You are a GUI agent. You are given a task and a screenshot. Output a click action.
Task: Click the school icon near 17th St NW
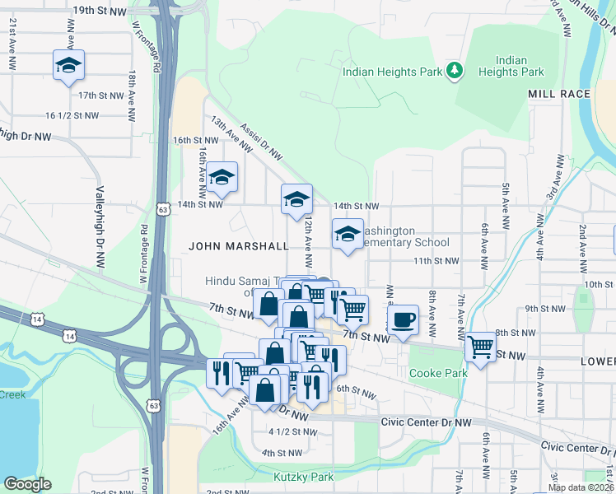[x=69, y=65]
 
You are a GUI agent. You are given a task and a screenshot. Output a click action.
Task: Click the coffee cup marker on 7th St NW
[x=402, y=319]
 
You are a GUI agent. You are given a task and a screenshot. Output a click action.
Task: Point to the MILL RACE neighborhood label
[x=559, y=94]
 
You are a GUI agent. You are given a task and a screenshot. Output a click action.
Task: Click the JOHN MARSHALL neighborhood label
[x=239, y=245]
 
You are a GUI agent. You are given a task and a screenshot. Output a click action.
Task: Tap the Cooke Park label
[x=438, y=373]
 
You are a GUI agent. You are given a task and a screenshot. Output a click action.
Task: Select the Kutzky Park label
[x=304, y=477]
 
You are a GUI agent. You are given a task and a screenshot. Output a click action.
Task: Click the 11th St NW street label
[x=435, y=260]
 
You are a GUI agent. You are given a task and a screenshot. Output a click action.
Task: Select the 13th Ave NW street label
[x=231, y=134]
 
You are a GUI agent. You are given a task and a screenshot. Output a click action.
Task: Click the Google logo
[x=26, y=484]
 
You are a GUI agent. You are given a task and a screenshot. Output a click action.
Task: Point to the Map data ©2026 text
[x=581, y=487]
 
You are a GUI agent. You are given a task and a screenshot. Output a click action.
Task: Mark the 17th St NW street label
[x=100, y=96]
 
